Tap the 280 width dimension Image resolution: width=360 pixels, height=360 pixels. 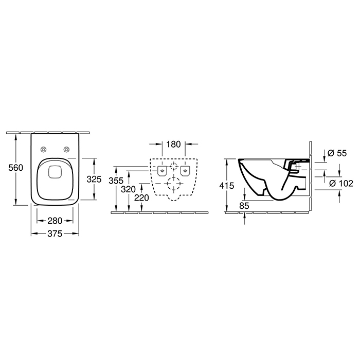click(55, 221)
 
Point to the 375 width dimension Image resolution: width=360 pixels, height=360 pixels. click(55, 234)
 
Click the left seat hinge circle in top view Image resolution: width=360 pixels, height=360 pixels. click(43, 149)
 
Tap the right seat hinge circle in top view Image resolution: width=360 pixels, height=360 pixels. click(66, 149)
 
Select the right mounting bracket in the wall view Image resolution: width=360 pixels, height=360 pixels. click(186, 170)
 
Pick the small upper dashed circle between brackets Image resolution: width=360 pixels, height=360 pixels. click(174, 167)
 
